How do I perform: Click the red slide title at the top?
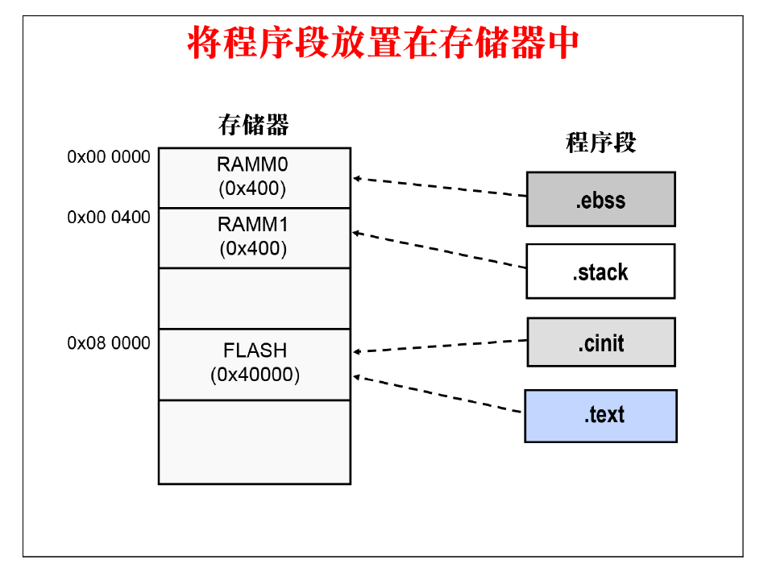coord(383,44)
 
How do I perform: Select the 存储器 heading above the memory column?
coord(253,125)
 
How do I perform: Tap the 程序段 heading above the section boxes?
coord(600,143)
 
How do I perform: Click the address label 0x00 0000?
coord(109,157)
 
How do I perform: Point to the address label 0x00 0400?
coord(109,218)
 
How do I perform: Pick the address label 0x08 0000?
coord(109,343)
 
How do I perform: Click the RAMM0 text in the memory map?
coord(252,165)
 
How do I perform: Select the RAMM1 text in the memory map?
coord(252,225)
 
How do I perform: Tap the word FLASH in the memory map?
coord(255,351)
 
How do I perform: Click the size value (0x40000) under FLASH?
coord(255,375)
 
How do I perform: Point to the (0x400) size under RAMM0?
coord(252,189)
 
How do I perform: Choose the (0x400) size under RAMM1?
coord(252,249)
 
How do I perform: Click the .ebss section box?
coord(600,199)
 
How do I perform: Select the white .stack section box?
coord(600,272)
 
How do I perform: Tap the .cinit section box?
coord(600,342)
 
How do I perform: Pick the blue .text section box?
coord(600,416)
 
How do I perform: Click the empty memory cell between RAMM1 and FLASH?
coord(254,298)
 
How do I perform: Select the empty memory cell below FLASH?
coord(254,442)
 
